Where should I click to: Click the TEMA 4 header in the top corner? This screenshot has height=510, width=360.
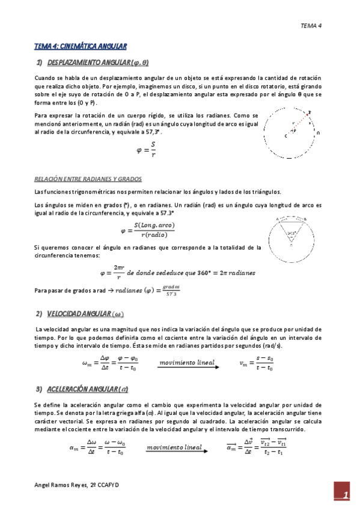click(311, 26)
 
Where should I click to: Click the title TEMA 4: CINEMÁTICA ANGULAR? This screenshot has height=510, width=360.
click(80, 46)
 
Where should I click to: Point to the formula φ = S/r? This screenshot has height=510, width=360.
click(148, 149)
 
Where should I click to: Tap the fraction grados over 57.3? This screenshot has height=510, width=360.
click(171, 290)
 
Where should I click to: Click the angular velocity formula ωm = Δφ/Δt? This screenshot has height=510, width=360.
click(109, 364)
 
